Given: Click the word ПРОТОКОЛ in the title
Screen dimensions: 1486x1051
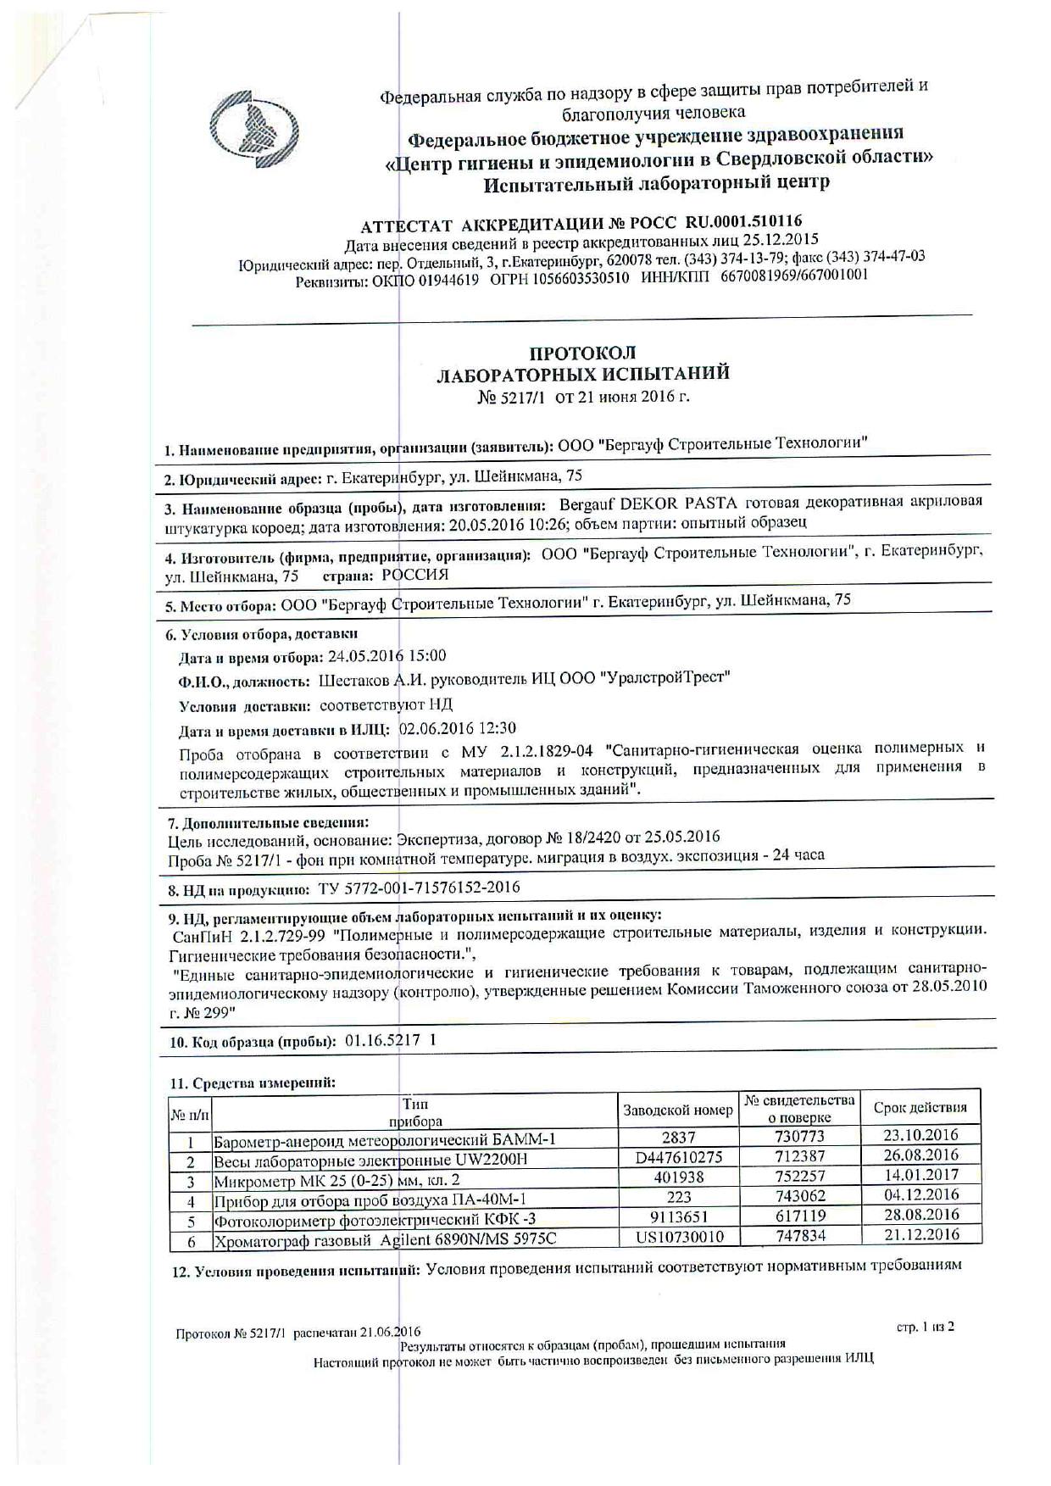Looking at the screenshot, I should (582, 353).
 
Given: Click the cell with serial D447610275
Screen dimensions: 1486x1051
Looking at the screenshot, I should (678, 1157).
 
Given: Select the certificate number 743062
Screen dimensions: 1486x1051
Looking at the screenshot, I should (800, 1196).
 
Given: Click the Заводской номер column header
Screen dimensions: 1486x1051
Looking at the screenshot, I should (678, 1110).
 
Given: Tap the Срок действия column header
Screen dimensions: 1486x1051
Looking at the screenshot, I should (920, 1107).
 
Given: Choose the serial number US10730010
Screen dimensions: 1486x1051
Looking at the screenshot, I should (680, 1237).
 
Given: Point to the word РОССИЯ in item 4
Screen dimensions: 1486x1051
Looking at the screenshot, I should (414, 575).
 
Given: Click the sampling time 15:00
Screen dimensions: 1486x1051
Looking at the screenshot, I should (429, 656).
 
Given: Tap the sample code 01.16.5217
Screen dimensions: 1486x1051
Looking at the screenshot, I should (383, 1041).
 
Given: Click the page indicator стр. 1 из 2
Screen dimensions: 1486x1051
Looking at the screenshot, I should (926, 1327).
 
